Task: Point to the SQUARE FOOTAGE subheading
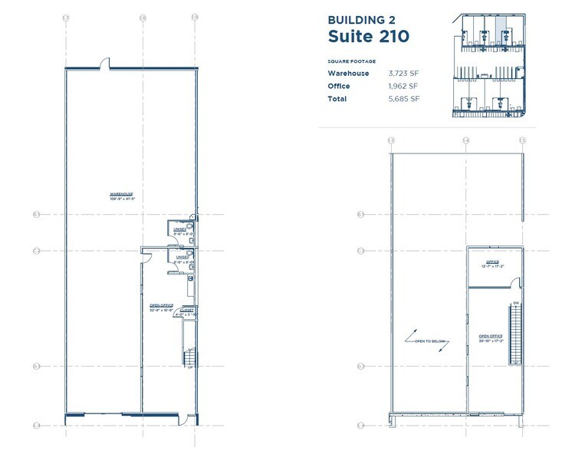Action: point(351,61)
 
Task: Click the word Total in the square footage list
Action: point(337,99)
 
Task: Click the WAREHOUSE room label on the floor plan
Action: point(121,196)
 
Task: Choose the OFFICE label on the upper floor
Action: point(491,262)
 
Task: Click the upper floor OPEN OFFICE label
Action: point(490,336)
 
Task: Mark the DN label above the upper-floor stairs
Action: point(516,301)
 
